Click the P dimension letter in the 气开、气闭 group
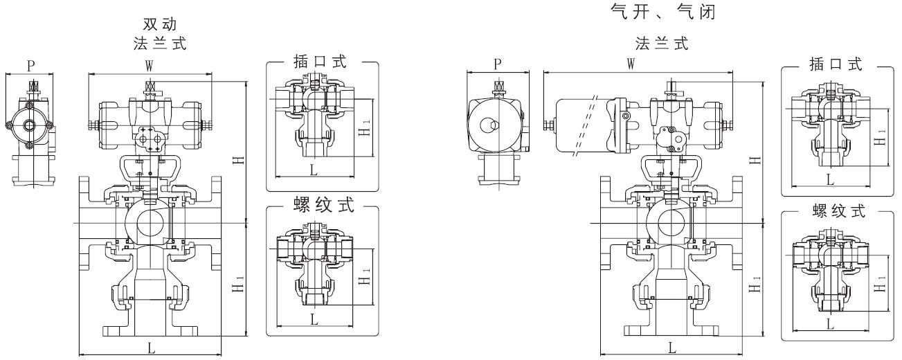click(x=498, y=63)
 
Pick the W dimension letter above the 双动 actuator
click(x=148, y=66)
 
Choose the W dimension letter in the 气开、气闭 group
click(x=631, y=63)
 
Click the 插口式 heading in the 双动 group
click(x=322, y=62)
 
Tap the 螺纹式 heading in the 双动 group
click(x=322, y=207)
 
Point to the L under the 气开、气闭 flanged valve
click(x=672, y=348)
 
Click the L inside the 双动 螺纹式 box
click(x=314, y=318)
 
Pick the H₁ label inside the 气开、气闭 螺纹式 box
click(x=880, y=285)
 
